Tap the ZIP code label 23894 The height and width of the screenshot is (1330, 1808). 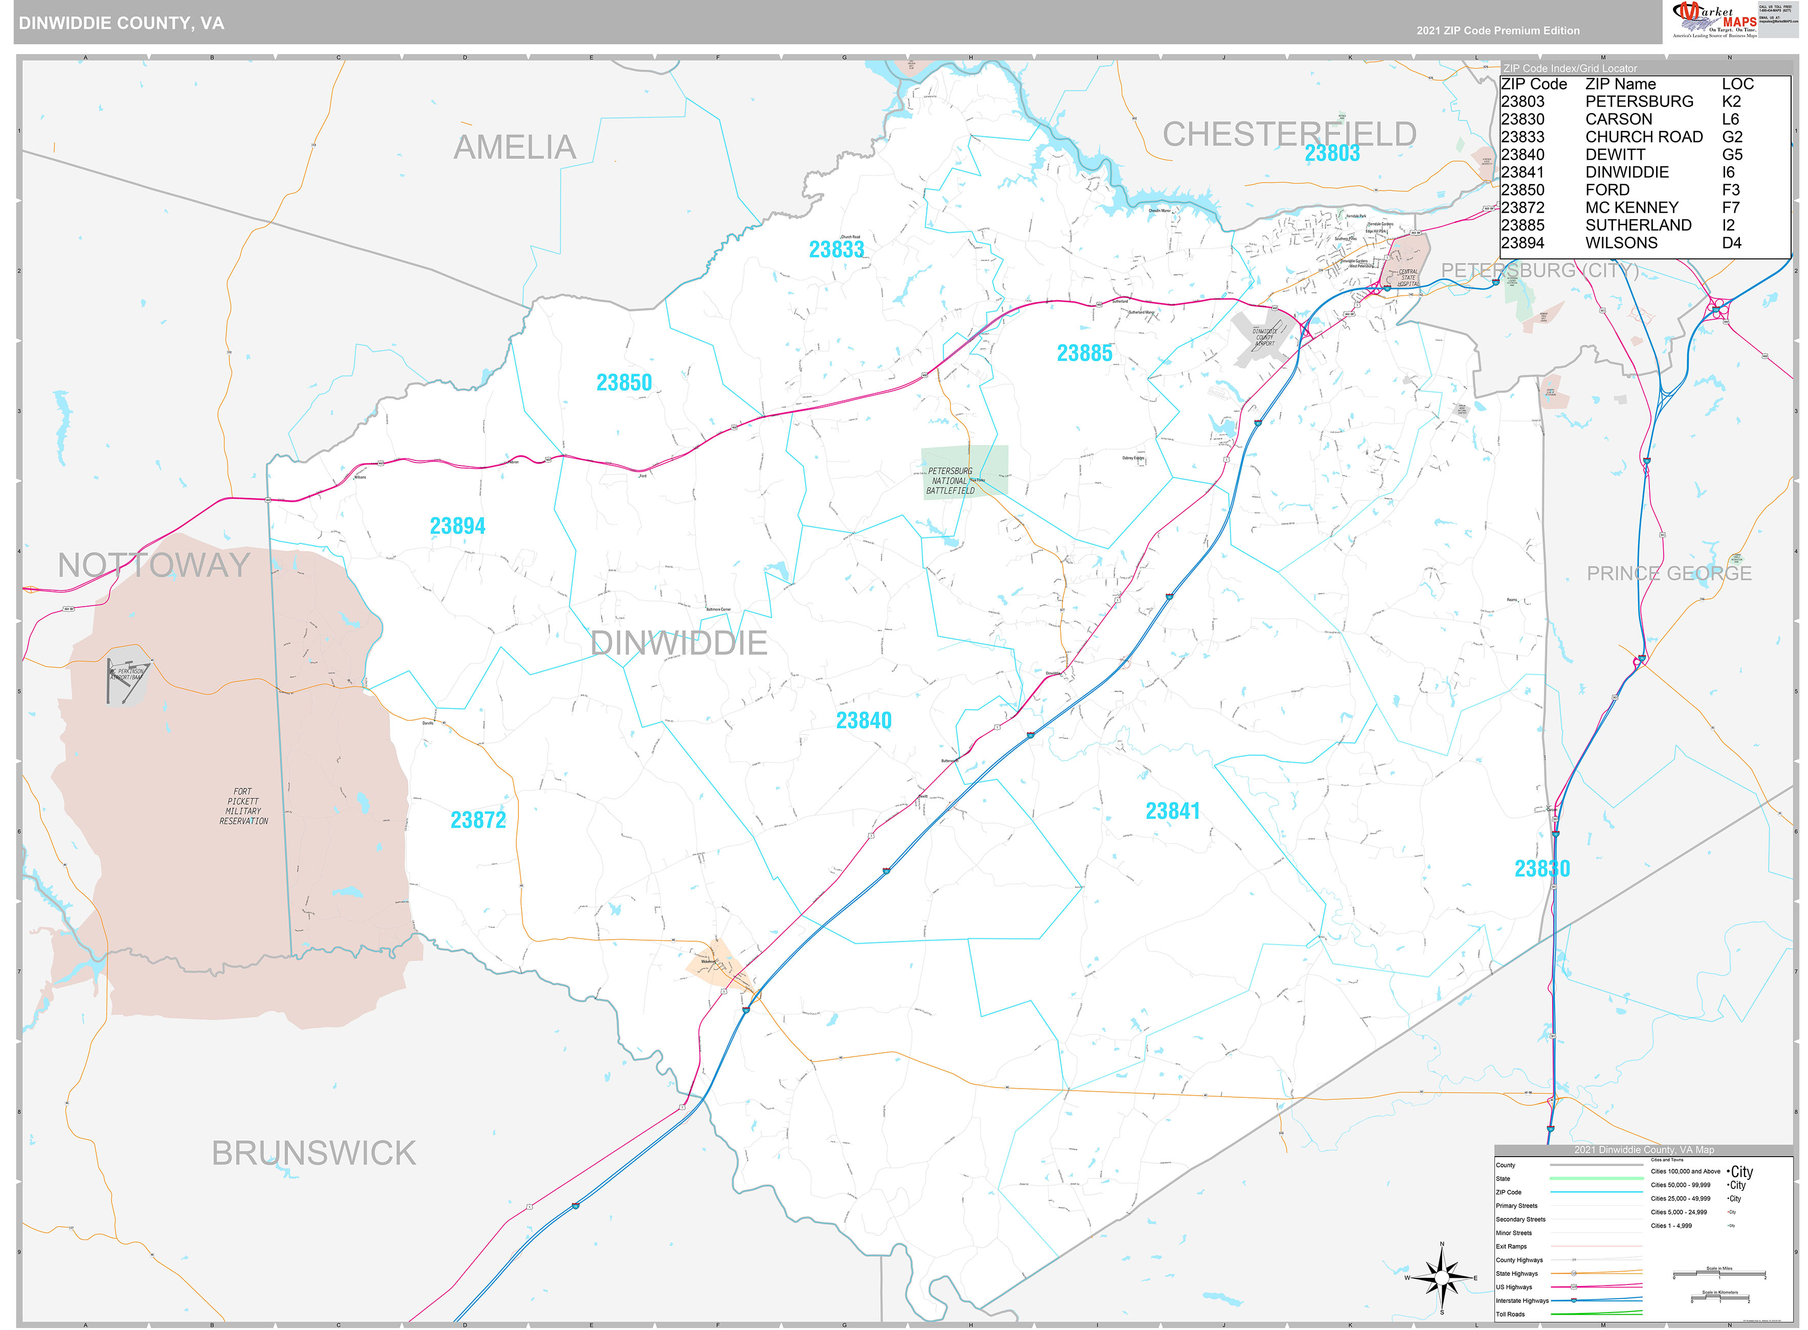pyautogui.click(x=458, y=526)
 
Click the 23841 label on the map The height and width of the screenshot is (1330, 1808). pyautogui.click(x=1172, y=811)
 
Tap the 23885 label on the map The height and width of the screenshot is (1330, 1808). pyautogui.click(x=1084, y=352)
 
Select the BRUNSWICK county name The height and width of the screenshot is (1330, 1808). pyautogui.click(x=313, y=1153)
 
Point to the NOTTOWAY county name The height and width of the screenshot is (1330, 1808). pyautogui.click(x=154, y=565)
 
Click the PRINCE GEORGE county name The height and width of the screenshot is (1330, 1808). pyautogui.click(x=1669, y=573)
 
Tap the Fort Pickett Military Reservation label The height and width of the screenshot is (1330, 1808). pyautogui.click(x=243, y=806)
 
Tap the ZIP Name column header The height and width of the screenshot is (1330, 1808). pyautogui.click(x=1620, y=84)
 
